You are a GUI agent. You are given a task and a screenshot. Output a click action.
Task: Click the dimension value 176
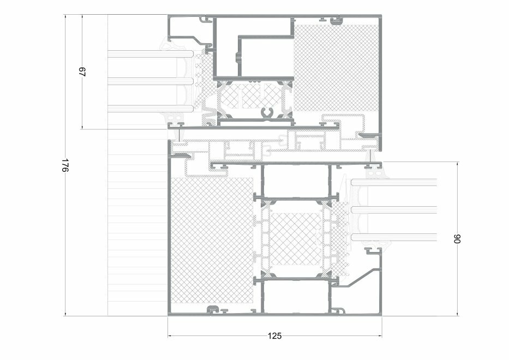(x=65, y=166)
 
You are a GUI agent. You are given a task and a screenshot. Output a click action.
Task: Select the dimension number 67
(x=82, y=72)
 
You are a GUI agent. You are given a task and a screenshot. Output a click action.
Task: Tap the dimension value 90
(x=457, y=239)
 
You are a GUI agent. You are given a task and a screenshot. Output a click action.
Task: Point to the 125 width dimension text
(x=274, y=336)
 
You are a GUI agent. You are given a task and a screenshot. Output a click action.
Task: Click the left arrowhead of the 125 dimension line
(x=170, y=336)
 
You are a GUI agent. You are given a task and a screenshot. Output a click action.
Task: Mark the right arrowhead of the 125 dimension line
(x=380, y=336)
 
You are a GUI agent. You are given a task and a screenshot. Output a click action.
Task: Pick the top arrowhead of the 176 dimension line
(x=65, y=16)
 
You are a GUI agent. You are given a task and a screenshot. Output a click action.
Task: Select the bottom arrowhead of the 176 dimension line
(x=65, y=314)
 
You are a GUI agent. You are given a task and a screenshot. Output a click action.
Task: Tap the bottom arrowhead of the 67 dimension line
(x=82, y=127)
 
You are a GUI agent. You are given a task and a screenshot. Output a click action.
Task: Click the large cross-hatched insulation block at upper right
(x=336, y=68)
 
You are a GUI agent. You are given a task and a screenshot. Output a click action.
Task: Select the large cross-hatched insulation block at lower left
(x=212, y=241)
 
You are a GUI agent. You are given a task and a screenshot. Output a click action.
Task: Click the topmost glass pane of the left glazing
(x=150, y=54)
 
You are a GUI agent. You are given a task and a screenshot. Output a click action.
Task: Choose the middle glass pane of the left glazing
(x=150, y=81)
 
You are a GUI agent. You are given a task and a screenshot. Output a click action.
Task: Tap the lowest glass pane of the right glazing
(x=394, y=237)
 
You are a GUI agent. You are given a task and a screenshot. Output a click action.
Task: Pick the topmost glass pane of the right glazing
(x=394, y=182)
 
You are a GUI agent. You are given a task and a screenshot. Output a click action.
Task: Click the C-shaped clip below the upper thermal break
(x=268, y=113)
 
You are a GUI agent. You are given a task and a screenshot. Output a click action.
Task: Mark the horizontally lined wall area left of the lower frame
(x=137, y=223)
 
